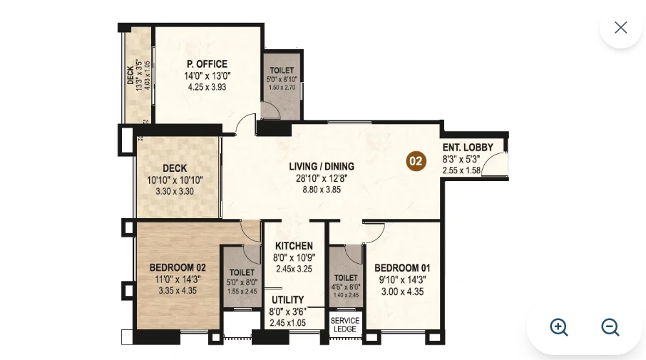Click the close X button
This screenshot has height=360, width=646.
tap(620, 27)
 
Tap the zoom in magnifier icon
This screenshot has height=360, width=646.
tap(559, 327)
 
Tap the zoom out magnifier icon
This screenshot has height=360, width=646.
tap(610, 327)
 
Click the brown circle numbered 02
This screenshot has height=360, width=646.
tap(416, 161)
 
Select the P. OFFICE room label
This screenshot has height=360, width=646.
tap(207, 64)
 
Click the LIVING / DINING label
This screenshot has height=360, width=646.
tap(322, 167)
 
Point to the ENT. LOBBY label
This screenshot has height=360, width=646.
tap(468, 148)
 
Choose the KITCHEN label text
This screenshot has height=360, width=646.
tap(294, 246)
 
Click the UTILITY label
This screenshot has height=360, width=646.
tap(287, 300)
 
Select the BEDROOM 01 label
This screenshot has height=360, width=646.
tap(402, 269)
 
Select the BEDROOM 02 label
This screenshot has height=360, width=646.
tap(178, 268)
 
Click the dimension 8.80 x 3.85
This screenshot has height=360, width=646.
tap(322, 190)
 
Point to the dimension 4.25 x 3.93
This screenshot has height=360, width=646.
tap(207, 87)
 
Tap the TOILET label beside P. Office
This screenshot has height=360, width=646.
tap(282, 71)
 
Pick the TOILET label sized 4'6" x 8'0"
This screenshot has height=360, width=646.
tap(346, 278)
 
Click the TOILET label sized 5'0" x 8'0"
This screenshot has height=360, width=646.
tap(242, 272)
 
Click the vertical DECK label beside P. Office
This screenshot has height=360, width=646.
tap(131, 73)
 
